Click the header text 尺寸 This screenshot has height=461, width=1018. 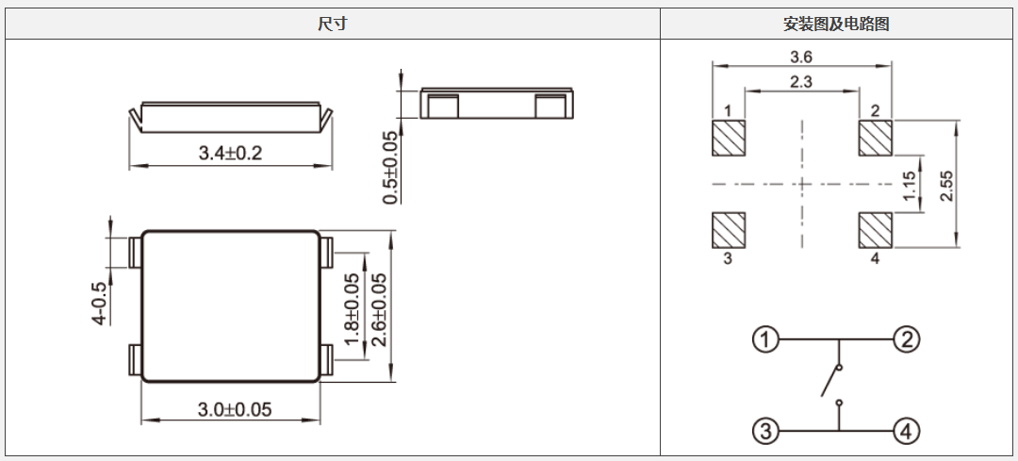(332, 25)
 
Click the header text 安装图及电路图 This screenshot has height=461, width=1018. (836, 25)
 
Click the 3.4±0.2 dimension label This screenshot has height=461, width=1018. (230, 153)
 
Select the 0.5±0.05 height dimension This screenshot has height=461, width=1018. (390, 168)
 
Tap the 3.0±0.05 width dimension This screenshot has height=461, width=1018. (234, 409)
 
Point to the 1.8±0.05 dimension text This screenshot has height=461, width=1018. (353, 310)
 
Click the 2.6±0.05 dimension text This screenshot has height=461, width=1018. (379, 310)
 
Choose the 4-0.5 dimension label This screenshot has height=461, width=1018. (99, 303)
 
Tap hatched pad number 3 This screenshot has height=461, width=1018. (728, 229)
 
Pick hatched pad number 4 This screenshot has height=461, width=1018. (875, 229)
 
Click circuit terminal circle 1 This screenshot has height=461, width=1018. (765, 339)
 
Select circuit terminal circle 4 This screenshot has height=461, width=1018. (905, 432)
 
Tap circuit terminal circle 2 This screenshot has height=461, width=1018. (905, 339)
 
